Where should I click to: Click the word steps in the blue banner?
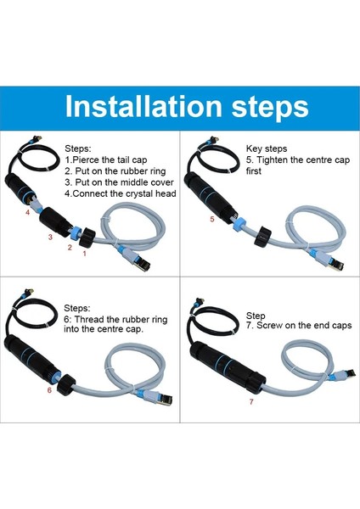pos(264,107)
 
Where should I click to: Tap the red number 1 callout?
pos(83,253)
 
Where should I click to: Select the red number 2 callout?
pos(70,247)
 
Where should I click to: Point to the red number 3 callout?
pos(49,238)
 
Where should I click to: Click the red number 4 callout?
pos(27,213)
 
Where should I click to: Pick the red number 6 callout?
pos(49,390)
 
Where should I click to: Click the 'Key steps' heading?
pos(265,147)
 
